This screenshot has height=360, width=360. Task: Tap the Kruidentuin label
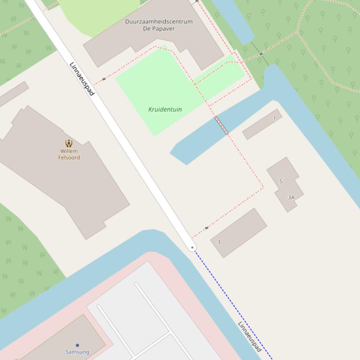[x=165, y=109]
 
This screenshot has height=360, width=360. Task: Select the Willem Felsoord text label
[x=69, y=154]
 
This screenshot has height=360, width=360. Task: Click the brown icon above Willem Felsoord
[x=69, y=143]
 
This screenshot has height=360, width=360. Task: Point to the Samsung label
[x=77, y=352]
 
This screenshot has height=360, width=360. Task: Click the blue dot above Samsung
[x=77, y=346]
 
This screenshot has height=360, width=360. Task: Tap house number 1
[x=274, y=118]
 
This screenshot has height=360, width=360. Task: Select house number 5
[x=281, y=181]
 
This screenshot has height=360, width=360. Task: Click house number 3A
[x=291, y=197]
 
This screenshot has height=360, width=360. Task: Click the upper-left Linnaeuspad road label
[x=82, y=79]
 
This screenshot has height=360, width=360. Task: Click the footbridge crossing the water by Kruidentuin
[x=221, y=125]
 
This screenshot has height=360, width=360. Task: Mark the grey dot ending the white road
[x=192, y=247]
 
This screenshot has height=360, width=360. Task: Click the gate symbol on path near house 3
[x=206, y=228]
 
